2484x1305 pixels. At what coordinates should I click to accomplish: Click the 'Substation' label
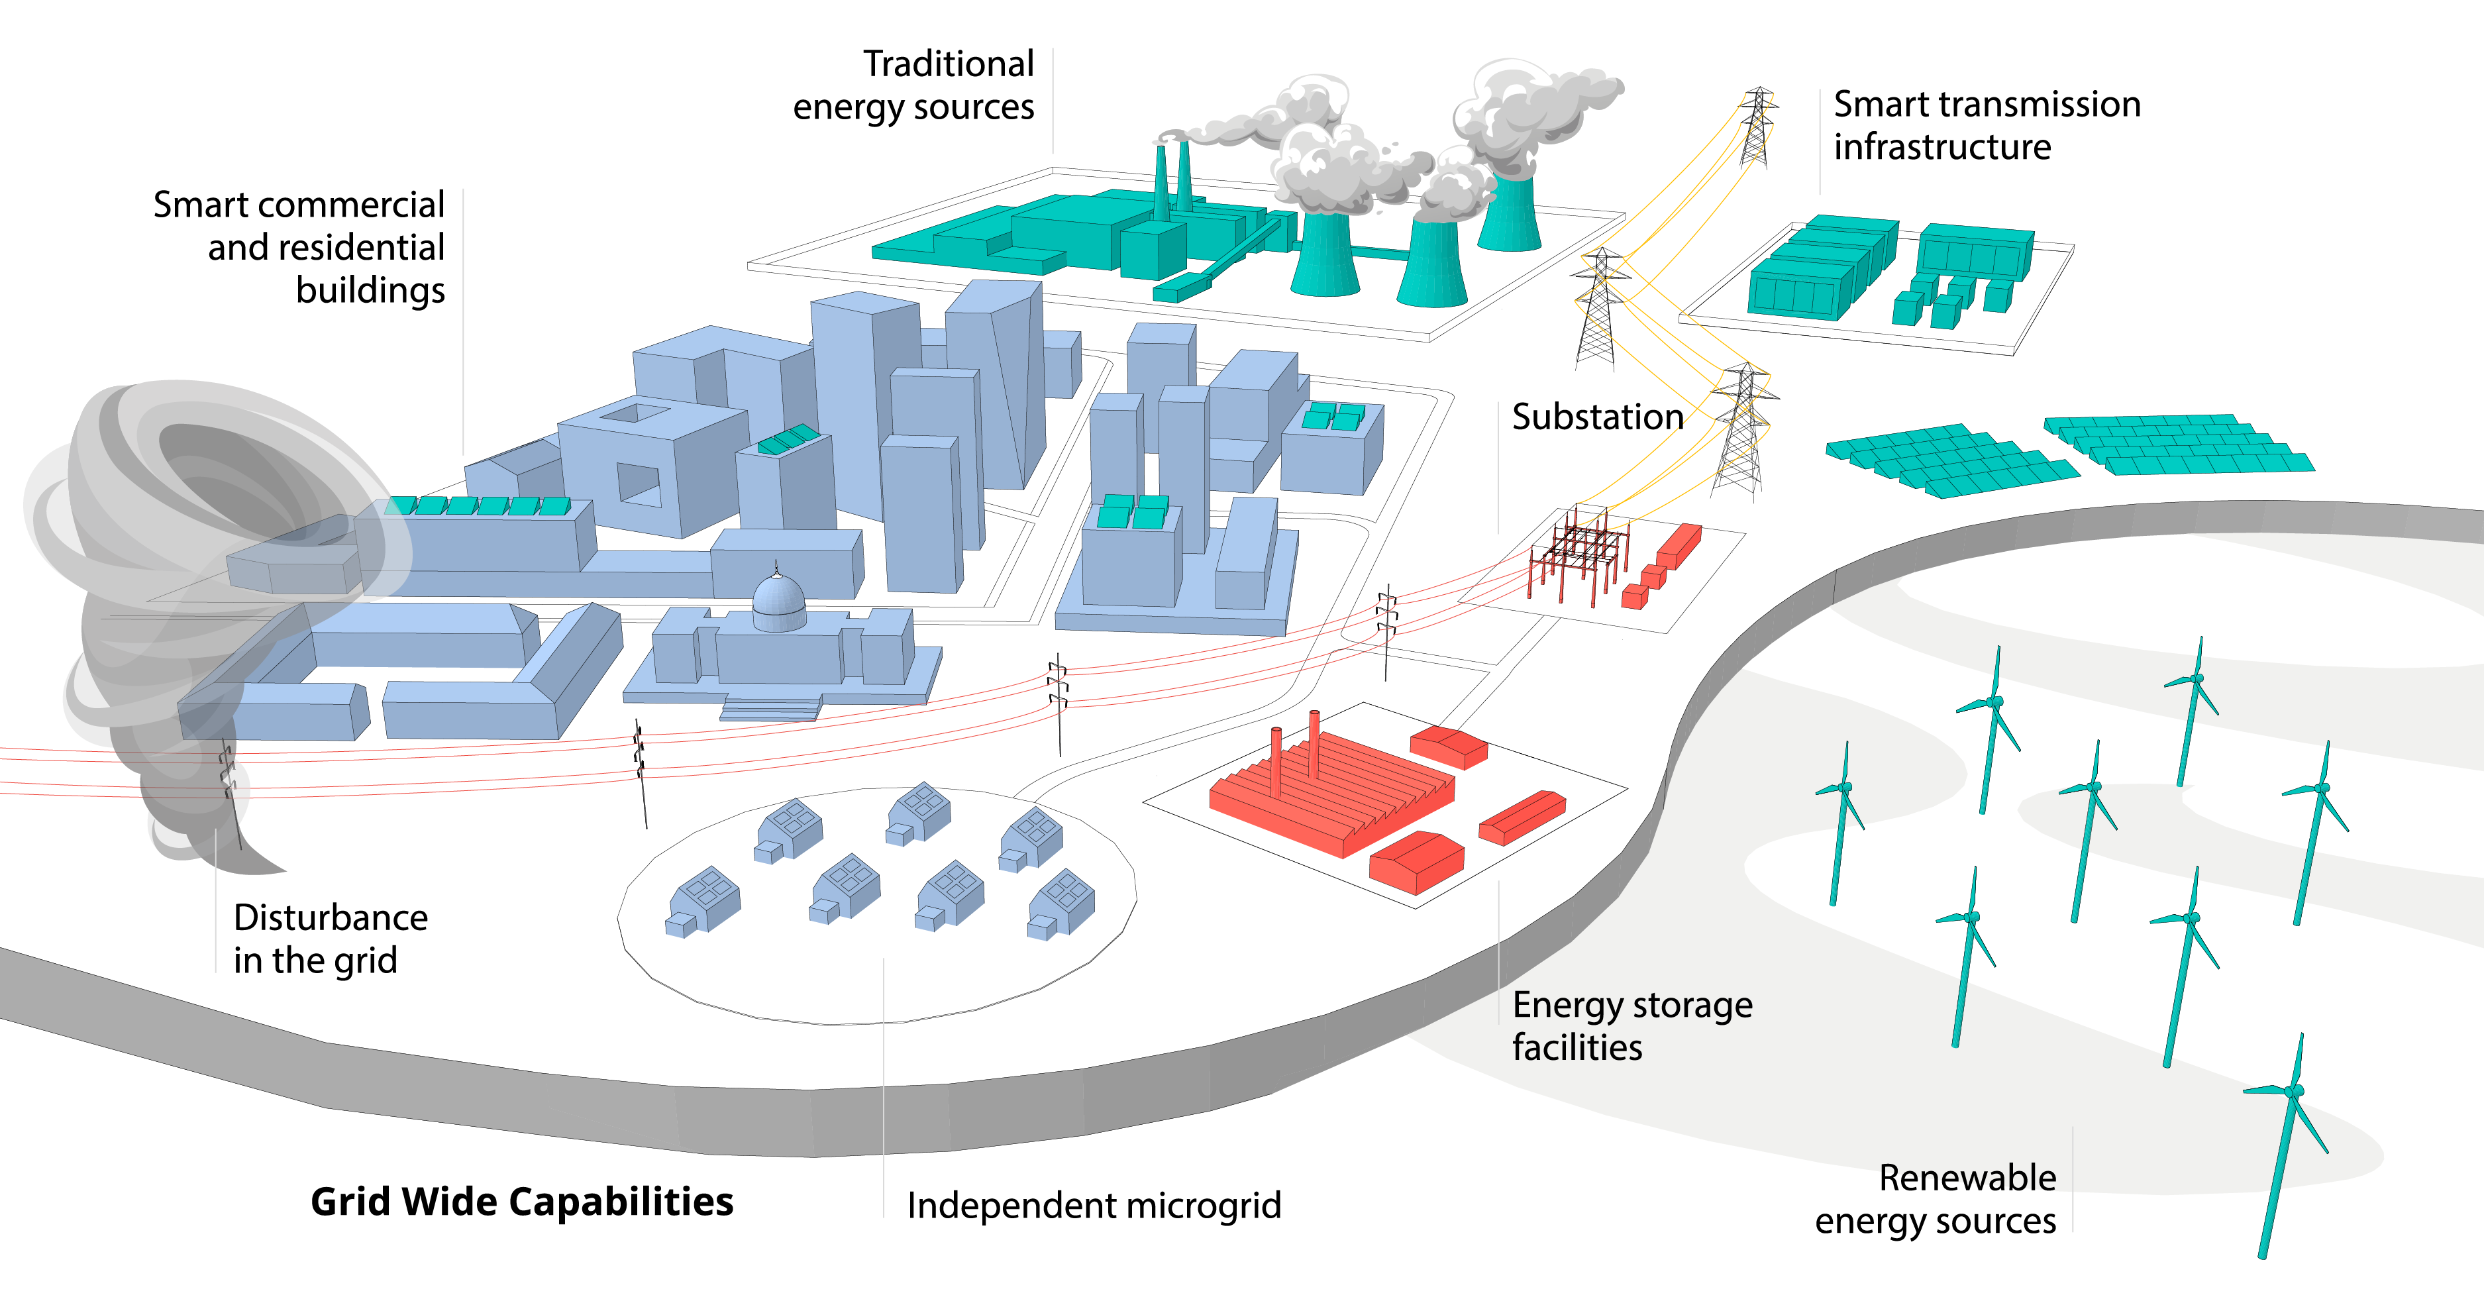tap(1597, 417)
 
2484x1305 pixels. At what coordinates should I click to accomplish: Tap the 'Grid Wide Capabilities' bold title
tap(522, 1202)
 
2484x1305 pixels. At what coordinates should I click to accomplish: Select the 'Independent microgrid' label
tap(1094, 1206)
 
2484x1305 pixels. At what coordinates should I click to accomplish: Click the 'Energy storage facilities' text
tap(1631, 1025)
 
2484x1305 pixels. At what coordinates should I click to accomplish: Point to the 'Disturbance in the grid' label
tap(330, 939)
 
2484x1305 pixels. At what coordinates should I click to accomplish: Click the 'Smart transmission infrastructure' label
tap(1987, 125)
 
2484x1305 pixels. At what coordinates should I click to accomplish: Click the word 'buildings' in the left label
tap(370, 290)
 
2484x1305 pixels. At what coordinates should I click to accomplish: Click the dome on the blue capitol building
tap(778, 599)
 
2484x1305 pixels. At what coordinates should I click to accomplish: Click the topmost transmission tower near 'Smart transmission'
tap(1757, 125)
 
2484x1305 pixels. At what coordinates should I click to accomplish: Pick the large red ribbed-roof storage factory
tap(1331, 791)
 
